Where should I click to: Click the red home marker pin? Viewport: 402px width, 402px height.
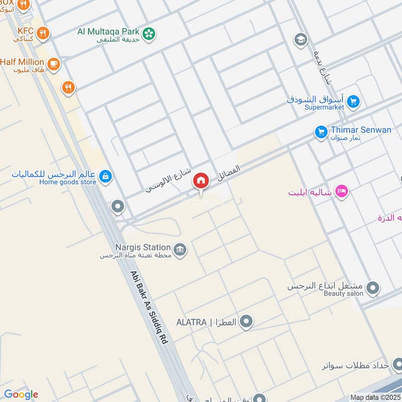pos(201,180)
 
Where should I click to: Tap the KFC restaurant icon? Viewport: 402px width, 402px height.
pos(43,33)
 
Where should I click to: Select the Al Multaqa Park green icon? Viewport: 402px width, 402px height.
pos(149,34)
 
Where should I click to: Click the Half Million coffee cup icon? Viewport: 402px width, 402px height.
pos(53,63)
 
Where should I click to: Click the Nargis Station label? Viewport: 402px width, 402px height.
pos(143,247)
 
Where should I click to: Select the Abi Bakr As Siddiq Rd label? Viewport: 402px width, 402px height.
pos(148,308)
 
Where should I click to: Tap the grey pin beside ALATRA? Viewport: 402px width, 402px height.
pos(246,322)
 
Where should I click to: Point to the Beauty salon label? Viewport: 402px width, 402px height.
pos(343,293)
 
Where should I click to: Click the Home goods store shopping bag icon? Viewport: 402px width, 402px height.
pos(106,176)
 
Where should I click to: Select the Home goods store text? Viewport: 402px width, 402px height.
pos(67,182)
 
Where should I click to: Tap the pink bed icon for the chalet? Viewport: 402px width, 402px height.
pos(342,191)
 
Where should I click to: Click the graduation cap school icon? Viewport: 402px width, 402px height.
pos(300,39)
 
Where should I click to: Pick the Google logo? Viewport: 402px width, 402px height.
pos(21,394)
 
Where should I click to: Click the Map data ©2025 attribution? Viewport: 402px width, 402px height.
pos(374,397)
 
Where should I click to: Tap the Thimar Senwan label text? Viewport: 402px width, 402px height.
pos(361,130)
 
